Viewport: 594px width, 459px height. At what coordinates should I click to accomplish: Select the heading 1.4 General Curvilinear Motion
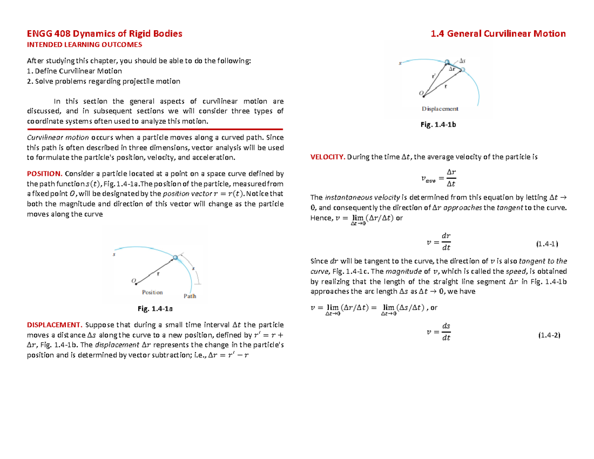498,34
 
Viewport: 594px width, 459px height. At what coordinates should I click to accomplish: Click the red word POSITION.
44,174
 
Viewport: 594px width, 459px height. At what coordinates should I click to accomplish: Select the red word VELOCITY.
327,157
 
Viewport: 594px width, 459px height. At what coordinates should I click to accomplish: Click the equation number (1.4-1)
547,244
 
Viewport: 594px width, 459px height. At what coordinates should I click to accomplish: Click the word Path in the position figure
190,296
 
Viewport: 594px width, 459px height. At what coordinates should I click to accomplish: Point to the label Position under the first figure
152,292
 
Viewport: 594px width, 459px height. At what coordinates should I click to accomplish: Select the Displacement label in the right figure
440,108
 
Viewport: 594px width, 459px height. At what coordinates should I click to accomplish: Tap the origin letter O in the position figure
133,281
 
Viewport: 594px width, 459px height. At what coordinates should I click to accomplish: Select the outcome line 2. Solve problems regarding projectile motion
103,81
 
